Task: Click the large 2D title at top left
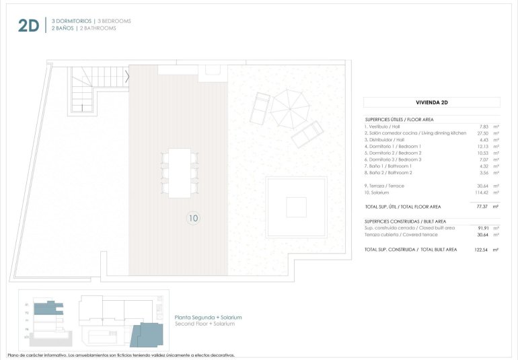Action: pyautogui.click(x=28, y=26)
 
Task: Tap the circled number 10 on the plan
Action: pyautogui.click(x=194, y=217)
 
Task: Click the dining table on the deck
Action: pyautogui.click(x=180, y=172)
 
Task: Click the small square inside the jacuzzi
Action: pyautogui.click(x=296, y=207)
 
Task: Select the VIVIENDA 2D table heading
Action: pyautogui.click(x=432, y=103)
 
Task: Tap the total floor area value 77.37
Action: pyautogui.click(x=480, y=207)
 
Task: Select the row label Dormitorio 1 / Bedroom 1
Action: pyautogui.click(x=393, y=146)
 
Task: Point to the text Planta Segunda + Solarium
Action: pyautogui.click(x=208, y=317)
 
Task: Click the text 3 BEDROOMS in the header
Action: pyautogui.click(x=114, y=22)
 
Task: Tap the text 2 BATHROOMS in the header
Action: pyautogui.click(x=98, y=29)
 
